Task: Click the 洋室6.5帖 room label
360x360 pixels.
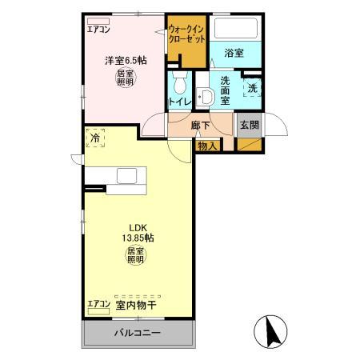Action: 125,61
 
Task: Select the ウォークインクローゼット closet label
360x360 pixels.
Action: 186,35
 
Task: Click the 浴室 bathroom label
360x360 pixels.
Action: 234,53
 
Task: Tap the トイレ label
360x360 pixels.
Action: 178,102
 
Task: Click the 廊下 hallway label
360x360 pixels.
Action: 201,126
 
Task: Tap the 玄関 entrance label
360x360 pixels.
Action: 248,125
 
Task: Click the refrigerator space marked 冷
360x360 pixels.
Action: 95,138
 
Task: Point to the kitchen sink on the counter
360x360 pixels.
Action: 128,176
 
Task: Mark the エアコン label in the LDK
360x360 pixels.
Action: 98,305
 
